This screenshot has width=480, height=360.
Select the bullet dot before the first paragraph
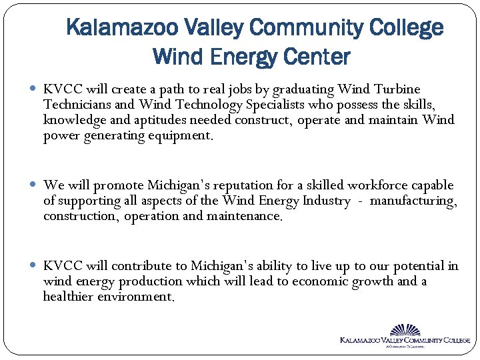pyautogui.click(x=34, y=89)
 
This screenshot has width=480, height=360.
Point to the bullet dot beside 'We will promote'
pyautogui.click(x=34, y=185)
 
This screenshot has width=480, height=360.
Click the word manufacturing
pyautogui.click(x=413, y=201)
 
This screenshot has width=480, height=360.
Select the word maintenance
pyautogui.click(x=245, y=216)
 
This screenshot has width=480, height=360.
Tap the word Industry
pyautogui.click(x=325, y=201)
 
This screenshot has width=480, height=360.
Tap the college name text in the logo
pyautogui.click(x=405, y=340)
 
